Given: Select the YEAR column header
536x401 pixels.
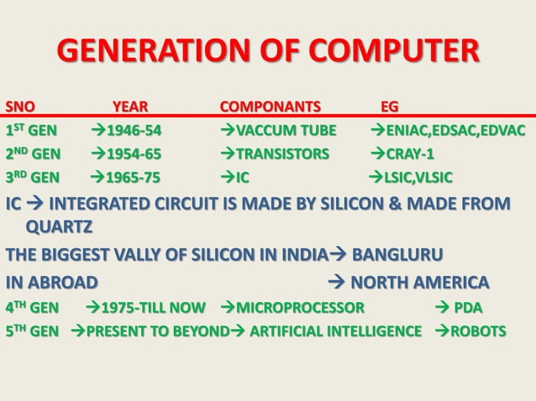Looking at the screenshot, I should (130, 107).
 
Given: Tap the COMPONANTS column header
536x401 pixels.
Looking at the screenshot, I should (270, 107).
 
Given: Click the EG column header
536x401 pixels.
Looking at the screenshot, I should (390, 107).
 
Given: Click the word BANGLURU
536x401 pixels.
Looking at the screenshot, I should (397, 254).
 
